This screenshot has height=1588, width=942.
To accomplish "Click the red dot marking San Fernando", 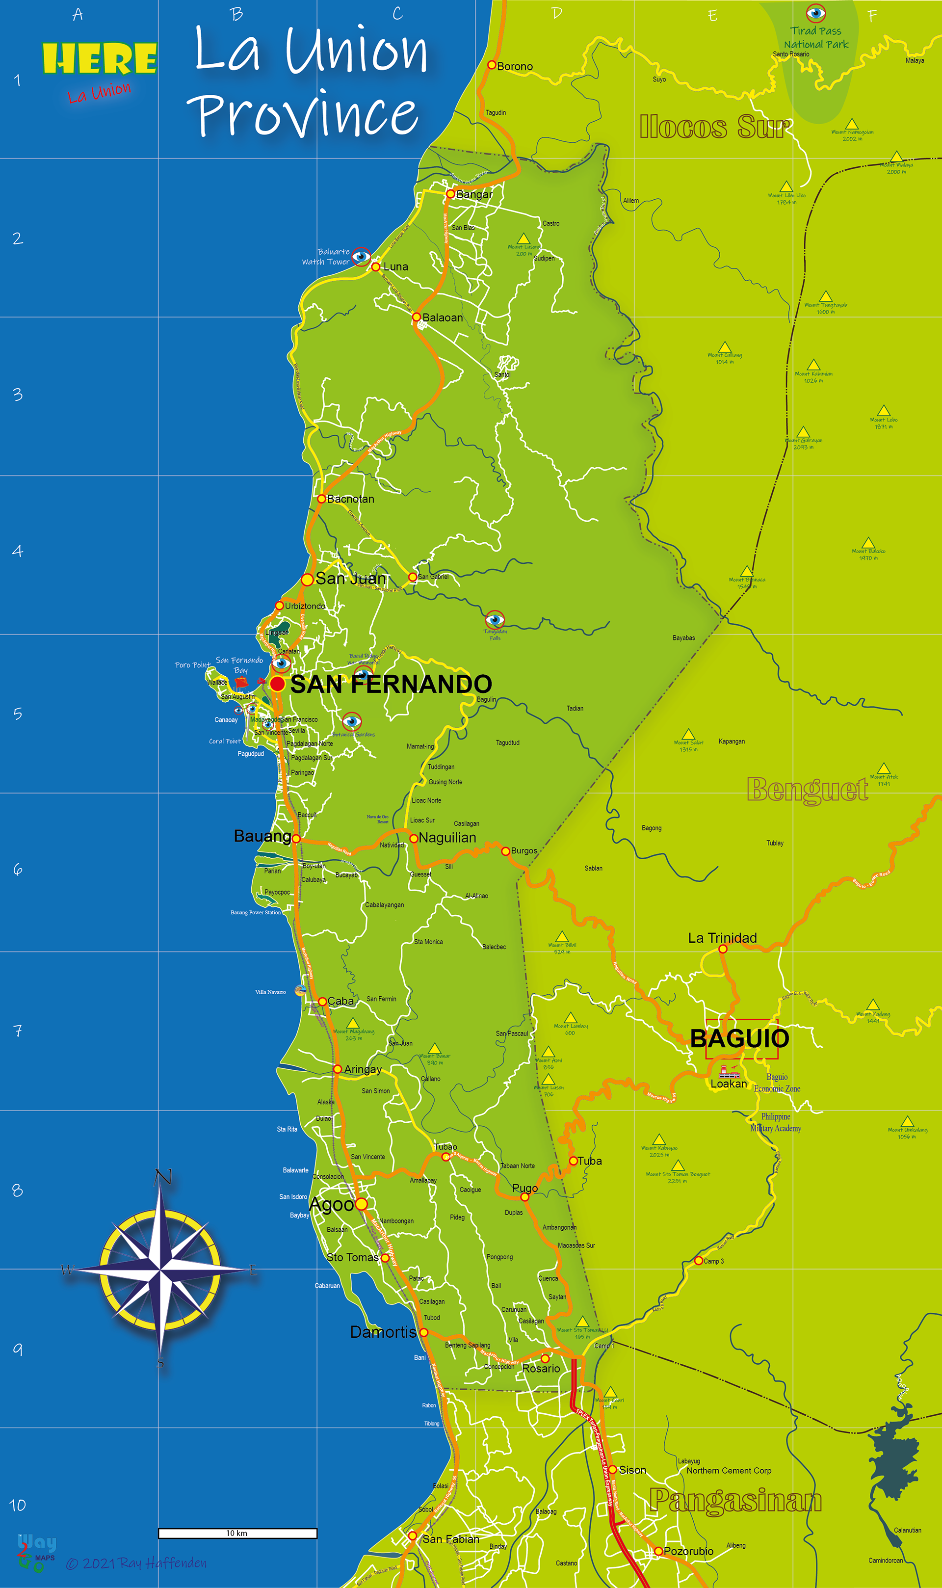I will tap(277, 684).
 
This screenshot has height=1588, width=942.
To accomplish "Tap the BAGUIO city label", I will tap(739, 1039).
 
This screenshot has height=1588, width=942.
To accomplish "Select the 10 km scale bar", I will tap(237, 1533).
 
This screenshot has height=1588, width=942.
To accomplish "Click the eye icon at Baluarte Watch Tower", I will tap(361, 257).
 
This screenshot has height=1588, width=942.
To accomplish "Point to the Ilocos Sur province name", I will tap(715, 127).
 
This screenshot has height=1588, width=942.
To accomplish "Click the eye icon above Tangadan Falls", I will tap(495, 619).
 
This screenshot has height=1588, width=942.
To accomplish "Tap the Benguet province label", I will tap(808, 790).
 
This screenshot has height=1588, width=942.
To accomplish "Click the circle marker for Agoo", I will tap(361, 1203).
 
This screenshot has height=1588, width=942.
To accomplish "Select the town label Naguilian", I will tap(447, 838).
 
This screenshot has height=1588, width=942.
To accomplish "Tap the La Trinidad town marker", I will tap(722, 949).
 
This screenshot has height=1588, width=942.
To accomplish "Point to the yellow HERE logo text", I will tap(100, 59).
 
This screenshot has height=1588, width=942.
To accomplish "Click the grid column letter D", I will tap(557, 13).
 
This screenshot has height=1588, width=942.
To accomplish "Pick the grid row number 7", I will tap(18, 1031).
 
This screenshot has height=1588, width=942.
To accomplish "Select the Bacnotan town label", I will tap(350, 499).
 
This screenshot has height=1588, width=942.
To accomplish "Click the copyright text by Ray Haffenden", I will tap(136, 1562).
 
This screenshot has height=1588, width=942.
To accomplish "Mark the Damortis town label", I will tap(383, 1331).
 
